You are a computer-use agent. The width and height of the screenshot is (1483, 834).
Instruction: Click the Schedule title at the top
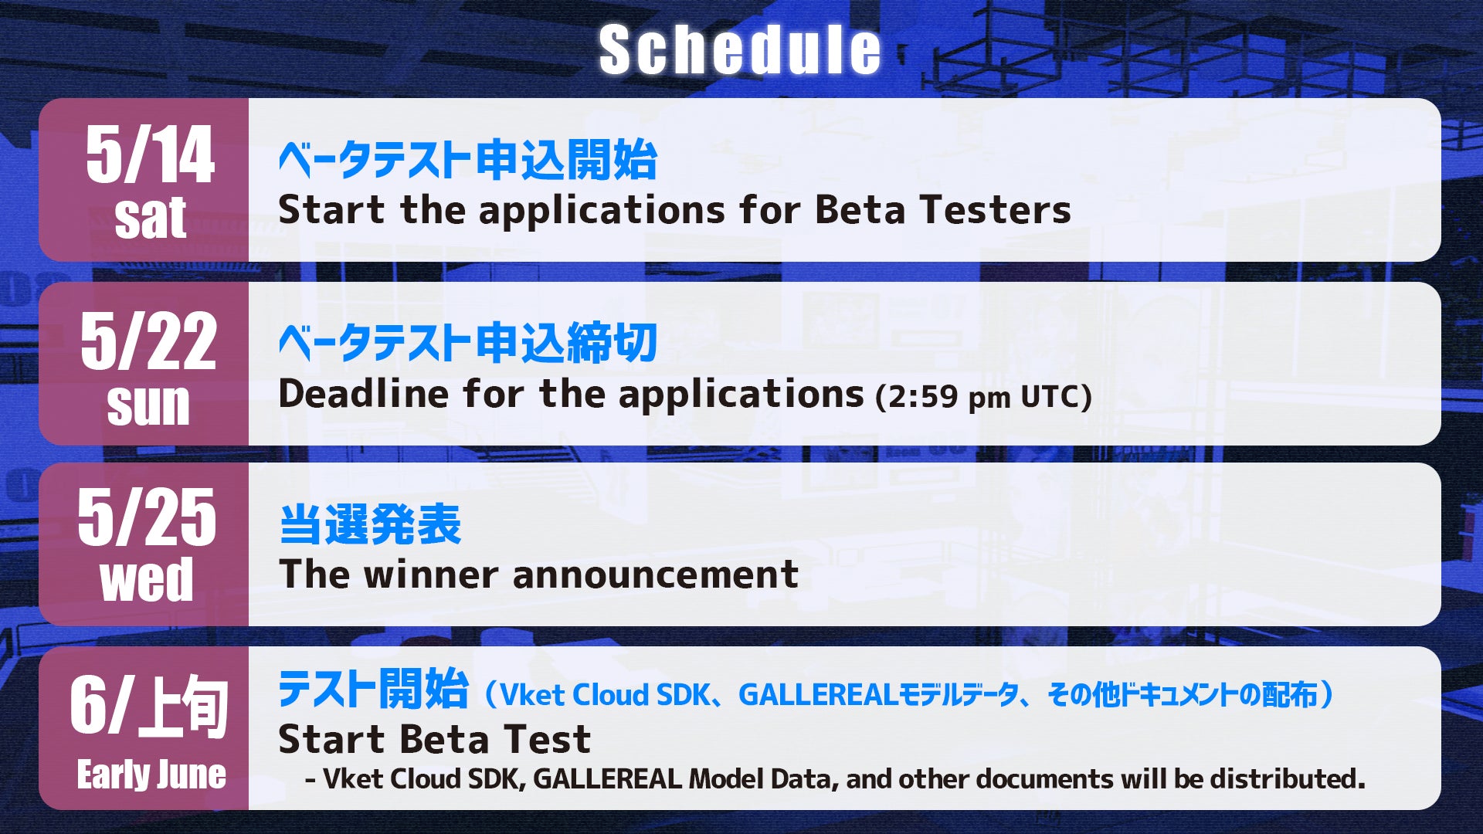click(739, 49)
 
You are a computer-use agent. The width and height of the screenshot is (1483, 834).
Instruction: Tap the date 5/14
click(150, 155)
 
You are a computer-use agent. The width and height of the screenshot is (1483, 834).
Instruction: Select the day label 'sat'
click(151, 218)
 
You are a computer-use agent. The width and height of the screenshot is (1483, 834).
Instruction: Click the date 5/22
click(148, 341)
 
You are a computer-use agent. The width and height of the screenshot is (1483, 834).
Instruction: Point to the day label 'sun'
click(148, 404)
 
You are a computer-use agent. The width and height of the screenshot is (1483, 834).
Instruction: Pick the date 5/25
click(147, 517)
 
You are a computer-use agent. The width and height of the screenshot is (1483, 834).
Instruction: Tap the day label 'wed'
click(147, 580)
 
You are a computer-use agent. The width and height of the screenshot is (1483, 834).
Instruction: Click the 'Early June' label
click(151, 774)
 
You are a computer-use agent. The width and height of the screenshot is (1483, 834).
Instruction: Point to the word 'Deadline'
click(364, 393)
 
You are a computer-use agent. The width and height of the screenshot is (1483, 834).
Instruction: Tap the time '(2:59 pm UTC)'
click(984, 397)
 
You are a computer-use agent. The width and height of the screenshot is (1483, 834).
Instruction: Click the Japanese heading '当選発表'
click(370, 525)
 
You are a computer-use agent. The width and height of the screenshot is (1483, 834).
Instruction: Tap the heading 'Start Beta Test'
click(435, 739)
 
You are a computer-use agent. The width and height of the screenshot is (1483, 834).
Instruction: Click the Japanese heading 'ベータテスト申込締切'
click(468, 343)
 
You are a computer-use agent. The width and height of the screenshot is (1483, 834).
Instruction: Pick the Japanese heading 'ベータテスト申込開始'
click(468, 160)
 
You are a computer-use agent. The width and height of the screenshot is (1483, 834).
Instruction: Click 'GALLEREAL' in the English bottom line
click(608, 778)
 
